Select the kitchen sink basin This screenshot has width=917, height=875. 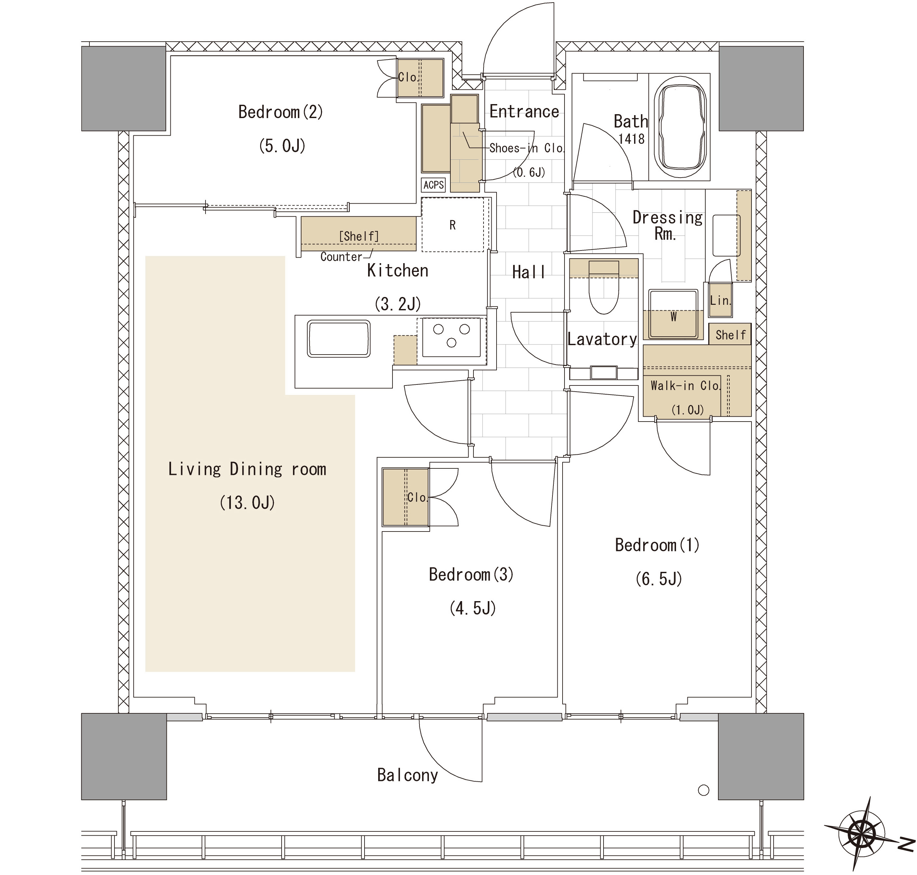tap(339, 339)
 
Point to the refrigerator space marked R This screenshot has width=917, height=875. tap(453, 225)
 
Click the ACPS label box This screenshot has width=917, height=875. tap(433, 185)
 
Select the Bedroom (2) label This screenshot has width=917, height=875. tap(281, 112)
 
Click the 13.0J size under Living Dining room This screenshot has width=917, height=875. tap(247, 502)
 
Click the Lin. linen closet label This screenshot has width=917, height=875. tap(720, 300)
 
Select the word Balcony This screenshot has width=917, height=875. tap(407, 775)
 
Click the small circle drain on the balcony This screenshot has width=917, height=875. tap(703, 790)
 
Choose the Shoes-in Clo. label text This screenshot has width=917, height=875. tap(526, 148)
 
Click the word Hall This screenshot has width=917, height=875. tap(528, 272)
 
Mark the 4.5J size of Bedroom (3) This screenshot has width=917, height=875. tap(472, 608)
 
